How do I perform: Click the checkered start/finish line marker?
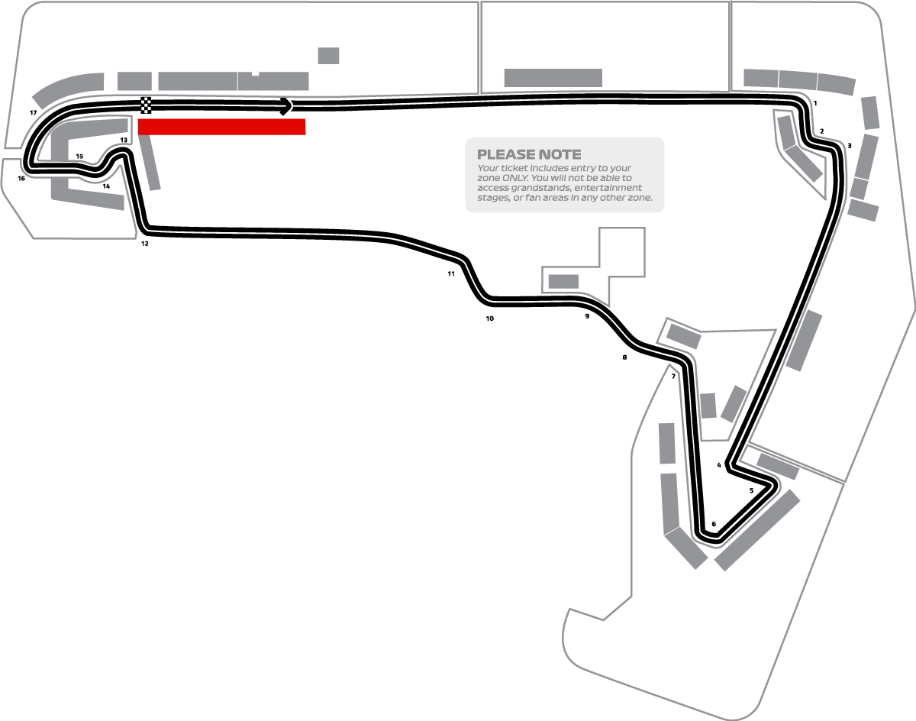pos(146,105)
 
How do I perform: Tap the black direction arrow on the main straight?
pos(286,106)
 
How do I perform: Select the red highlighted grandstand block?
pos(222,127)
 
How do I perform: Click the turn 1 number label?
pos(815,103)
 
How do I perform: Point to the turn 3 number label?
pos(849,146)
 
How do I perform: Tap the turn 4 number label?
pos(719,465)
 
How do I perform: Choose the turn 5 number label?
pos(751,490)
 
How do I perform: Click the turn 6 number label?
pos(714,524)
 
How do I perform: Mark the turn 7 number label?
pos(673,377)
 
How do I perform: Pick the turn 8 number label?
pos(624,357)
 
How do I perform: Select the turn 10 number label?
pos(489,318)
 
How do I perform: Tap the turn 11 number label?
pos(451,273)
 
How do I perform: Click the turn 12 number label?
pos(145,244)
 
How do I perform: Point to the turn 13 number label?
pos(124,140)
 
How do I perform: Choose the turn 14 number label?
pos(106,186)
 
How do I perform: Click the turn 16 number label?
pos(21,179)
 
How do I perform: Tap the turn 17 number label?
pos(33,113)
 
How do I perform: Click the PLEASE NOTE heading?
pos(529,154)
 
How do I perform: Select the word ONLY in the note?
pos(514,178)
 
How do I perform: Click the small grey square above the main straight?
pos(328,56)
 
